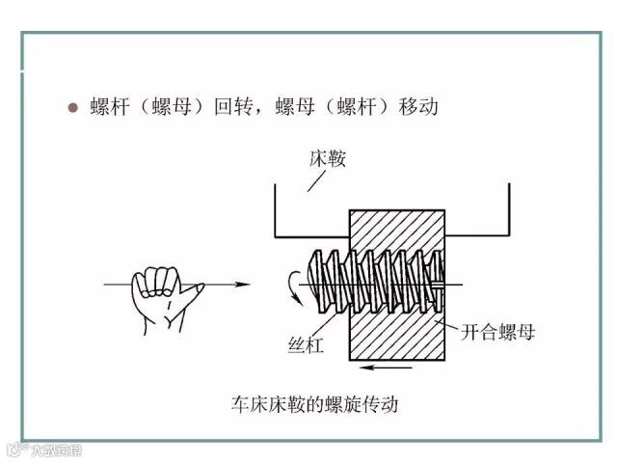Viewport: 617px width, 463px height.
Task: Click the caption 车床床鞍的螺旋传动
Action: tap(314, 403)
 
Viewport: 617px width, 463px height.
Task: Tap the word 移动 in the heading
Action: tap(417, 106)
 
